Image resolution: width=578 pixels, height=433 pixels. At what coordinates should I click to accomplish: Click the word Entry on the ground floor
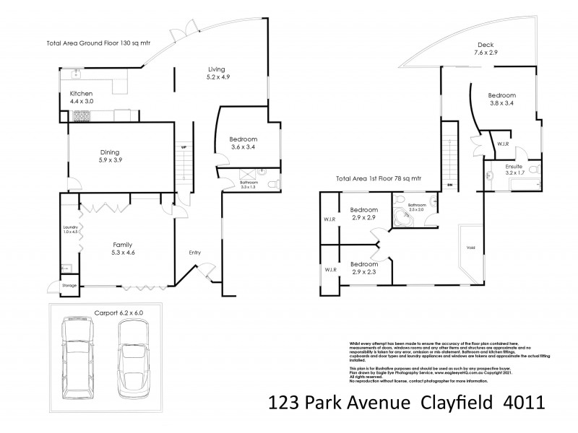[x=195, y=252]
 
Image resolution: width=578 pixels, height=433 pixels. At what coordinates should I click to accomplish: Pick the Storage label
[x=69, y=286]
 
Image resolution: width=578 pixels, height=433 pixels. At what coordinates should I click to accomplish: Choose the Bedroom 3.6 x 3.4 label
[x=243, y=144]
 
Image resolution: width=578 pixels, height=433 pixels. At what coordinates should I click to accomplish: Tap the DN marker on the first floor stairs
[x=449, y=185]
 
